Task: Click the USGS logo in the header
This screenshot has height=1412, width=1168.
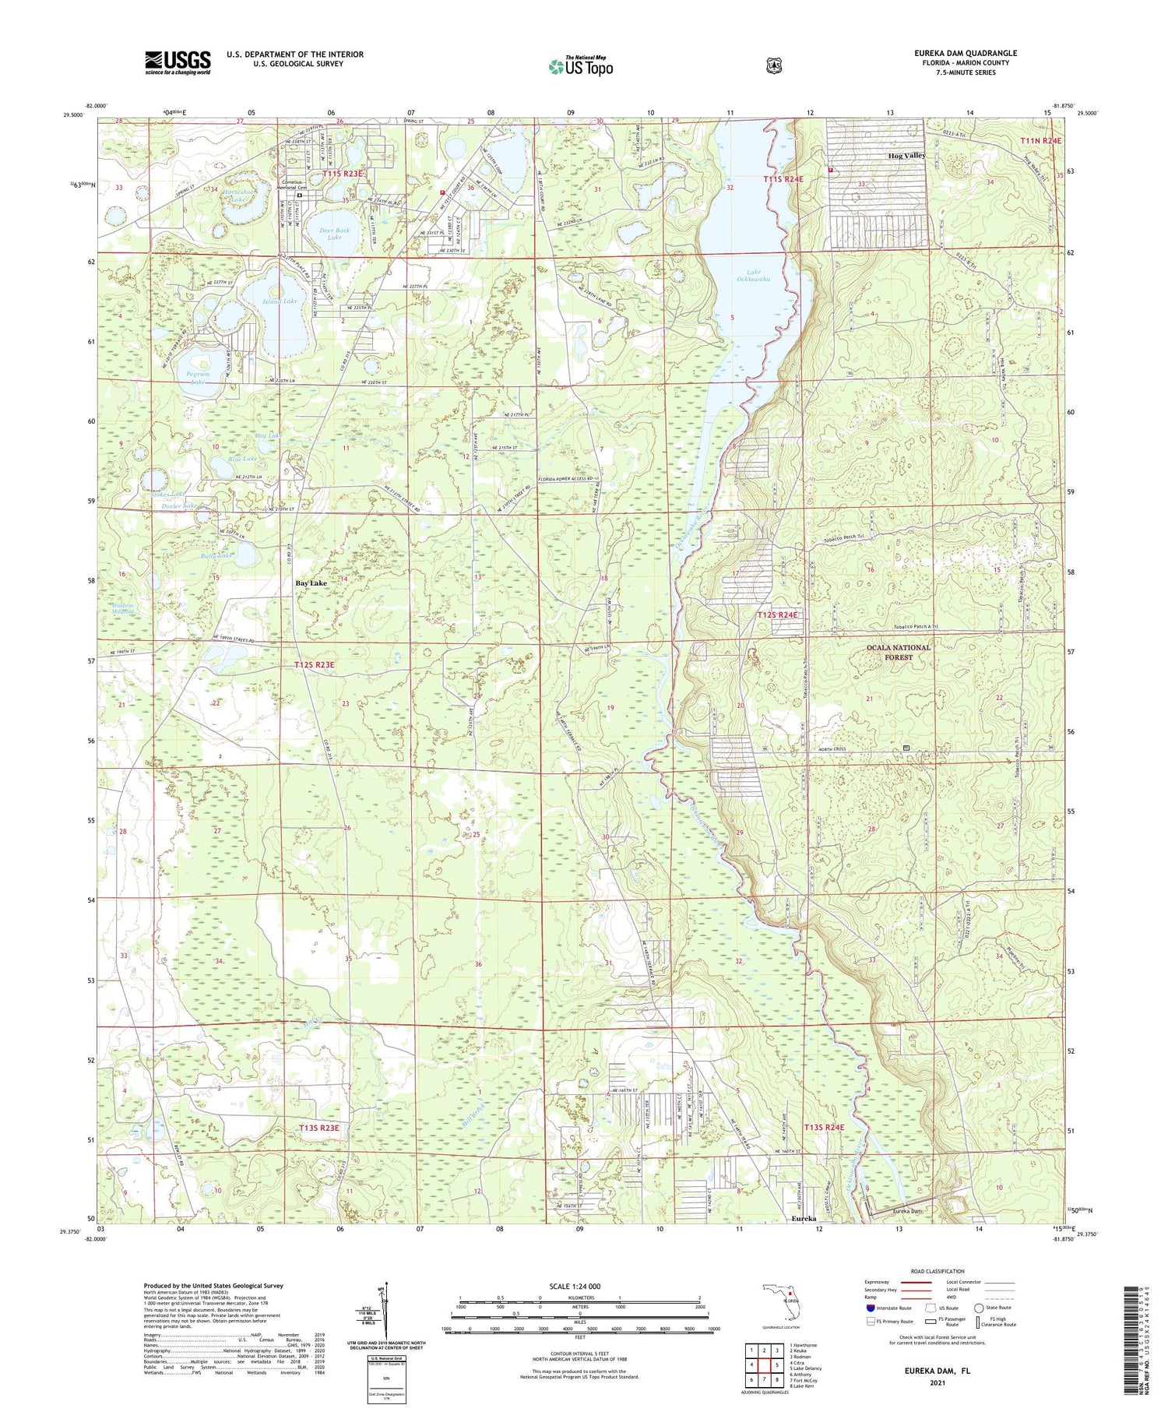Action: pos(178,62)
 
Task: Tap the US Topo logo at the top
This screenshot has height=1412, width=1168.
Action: pos(580,67)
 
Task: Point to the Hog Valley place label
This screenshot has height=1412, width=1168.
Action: pos(906,156)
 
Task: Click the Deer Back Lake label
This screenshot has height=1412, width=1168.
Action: pos(335,234)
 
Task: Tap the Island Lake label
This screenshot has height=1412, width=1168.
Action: pos(280,301)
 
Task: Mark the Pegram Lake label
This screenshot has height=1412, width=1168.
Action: pos(199,378)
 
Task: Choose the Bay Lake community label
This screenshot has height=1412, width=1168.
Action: pos(311,583)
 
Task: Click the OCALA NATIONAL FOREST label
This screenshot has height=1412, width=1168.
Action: pos(898,652)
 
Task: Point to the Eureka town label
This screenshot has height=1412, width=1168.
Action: pos(803,1218)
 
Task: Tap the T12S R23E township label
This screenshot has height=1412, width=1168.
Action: pos(315,664)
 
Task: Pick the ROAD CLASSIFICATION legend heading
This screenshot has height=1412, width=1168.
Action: pos(937,1271)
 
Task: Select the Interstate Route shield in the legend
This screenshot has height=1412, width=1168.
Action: pos(870,1308)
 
